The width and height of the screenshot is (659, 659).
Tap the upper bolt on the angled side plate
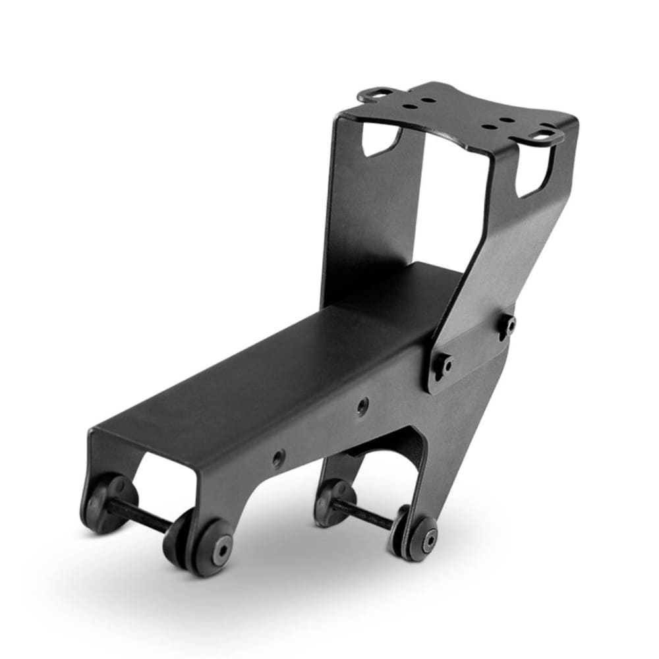[509, 324]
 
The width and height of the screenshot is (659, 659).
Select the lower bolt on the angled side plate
[446, 365]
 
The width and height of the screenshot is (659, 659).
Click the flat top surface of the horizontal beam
[277, 369]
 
